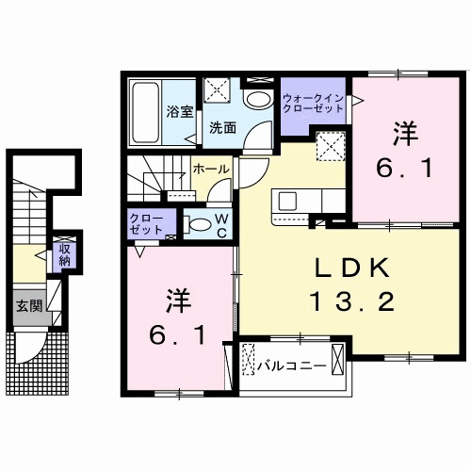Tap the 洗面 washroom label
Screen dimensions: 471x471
coord(222,127)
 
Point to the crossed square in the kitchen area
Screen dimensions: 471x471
coord(329,147)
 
